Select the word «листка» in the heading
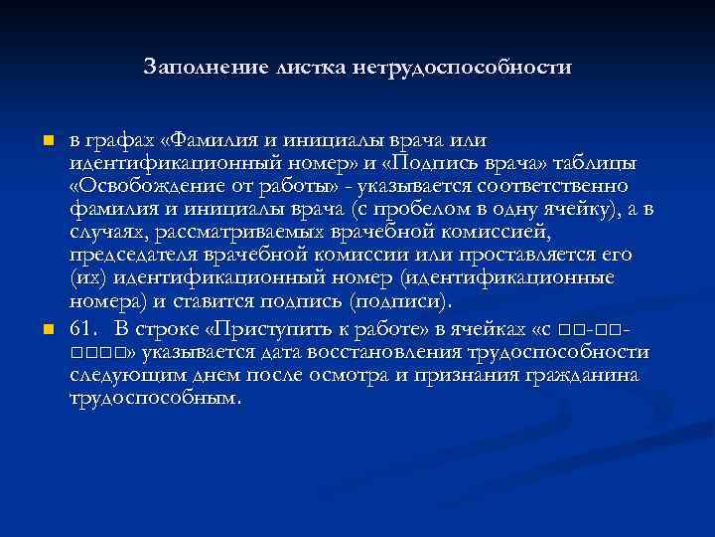299,68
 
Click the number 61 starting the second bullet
81,328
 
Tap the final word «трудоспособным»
155,399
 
